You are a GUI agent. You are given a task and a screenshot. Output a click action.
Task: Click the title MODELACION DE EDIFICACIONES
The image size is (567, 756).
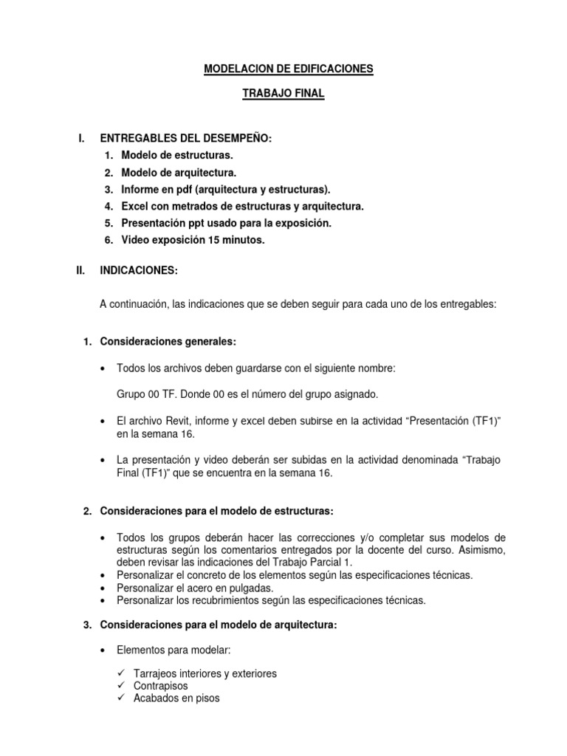click(289, 69)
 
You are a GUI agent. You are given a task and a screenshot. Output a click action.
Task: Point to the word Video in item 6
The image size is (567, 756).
click(135, 241)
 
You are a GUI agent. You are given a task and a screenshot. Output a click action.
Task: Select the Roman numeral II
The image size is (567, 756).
click(82, 271)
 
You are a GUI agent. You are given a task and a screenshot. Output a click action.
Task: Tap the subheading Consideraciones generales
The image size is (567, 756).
click(168, 341)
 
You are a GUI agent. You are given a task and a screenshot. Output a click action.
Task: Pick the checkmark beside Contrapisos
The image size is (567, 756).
click(123, 686)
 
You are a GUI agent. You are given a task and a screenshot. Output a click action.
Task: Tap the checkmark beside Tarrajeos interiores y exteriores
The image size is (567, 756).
click(123, 673)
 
